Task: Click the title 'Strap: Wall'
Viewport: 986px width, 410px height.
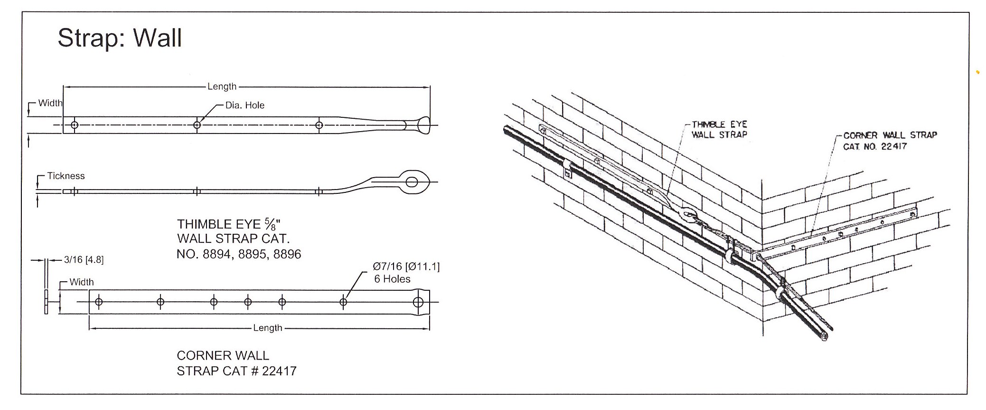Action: (120, 38)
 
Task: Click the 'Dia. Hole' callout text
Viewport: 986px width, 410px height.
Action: (244, 105)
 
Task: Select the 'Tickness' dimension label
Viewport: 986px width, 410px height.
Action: (66, 176)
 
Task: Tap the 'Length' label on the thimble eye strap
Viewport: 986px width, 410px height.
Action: (222, 86)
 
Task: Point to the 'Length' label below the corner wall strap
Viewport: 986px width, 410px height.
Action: (267, 328)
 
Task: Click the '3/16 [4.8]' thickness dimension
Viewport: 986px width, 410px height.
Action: (84, 259)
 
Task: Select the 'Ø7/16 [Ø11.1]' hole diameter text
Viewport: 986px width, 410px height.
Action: (406, 267)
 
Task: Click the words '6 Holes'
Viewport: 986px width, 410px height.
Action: (392, 279)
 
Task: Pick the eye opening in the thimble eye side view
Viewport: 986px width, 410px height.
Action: (413, 181)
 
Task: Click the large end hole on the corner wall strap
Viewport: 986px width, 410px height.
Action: (418, 302)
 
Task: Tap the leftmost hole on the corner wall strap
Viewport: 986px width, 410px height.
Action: (99, 302)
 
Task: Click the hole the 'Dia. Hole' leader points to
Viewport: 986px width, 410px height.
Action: (197, 125)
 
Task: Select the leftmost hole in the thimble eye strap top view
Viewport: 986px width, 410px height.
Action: (75, 125)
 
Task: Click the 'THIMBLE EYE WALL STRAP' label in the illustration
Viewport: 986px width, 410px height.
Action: (719, 129)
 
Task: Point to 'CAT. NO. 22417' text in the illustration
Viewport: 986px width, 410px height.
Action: (874, 146)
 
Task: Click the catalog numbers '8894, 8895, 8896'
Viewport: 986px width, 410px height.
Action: (252, 254)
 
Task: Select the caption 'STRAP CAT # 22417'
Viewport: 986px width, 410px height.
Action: (236, 371)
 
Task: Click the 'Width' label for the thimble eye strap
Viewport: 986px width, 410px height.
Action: (50, 103)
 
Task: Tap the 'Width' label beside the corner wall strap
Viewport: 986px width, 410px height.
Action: (81, 282)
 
